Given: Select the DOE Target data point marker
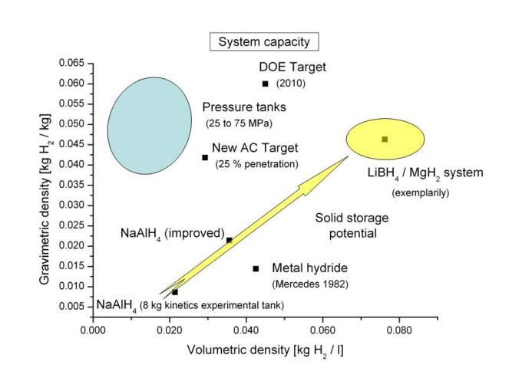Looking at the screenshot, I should pos(266,84).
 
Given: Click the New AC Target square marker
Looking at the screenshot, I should pos(205,157).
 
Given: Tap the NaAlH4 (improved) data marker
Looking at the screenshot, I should pos(229,240).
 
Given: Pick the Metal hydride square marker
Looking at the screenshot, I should pos(256,268).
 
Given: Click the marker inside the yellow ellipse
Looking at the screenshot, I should pos(385,139).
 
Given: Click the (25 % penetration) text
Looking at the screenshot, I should pos(256,164).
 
